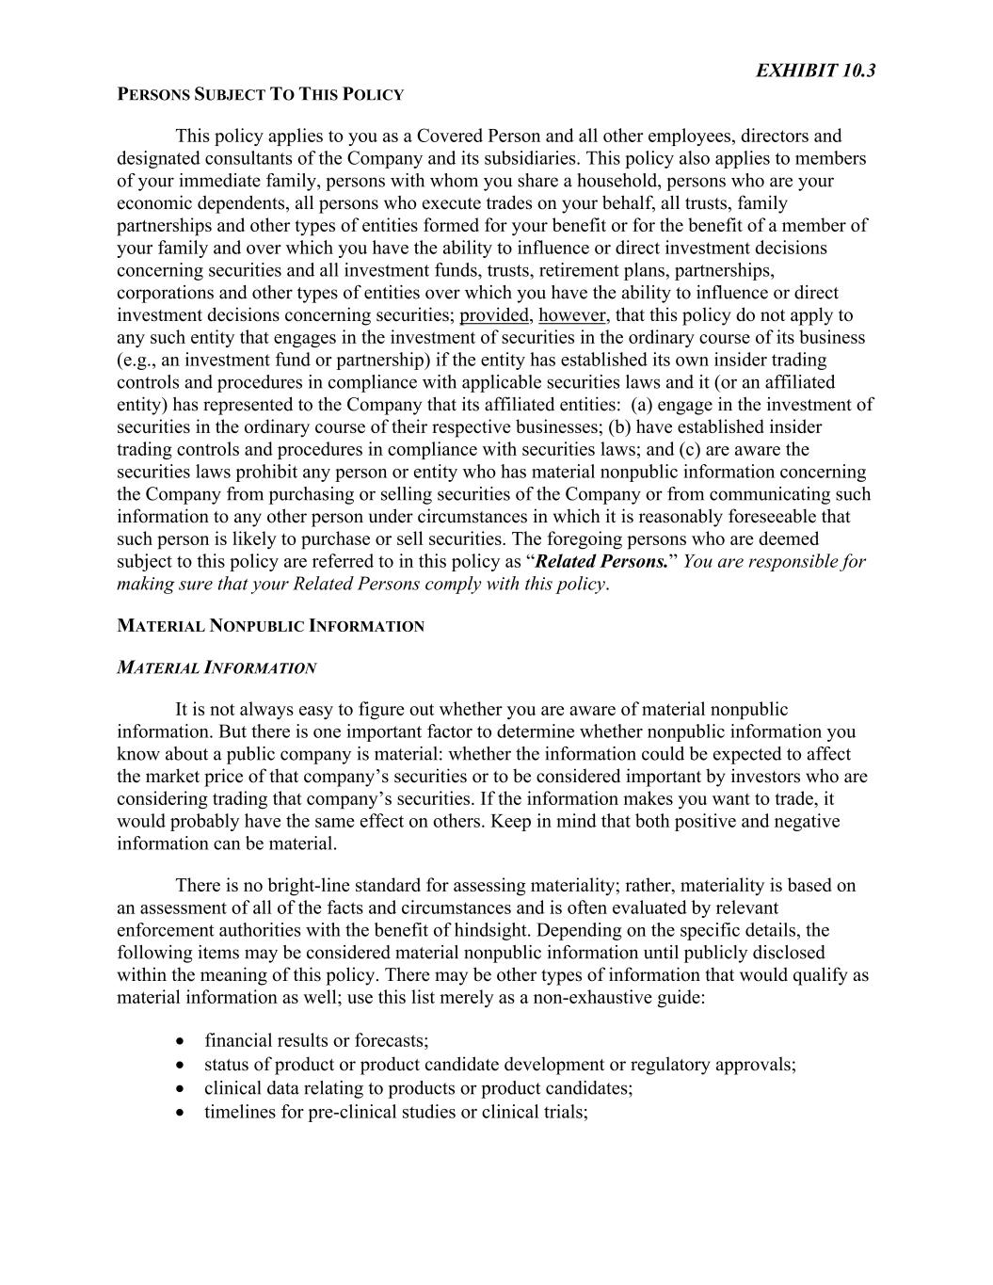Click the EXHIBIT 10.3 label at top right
point(815,71)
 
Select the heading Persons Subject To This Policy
point(260,94)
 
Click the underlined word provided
point(495,315)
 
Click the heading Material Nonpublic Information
point(270,626)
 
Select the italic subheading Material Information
point(216,668)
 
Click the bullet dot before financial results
point(180,1041)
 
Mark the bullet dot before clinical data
point(180,1089)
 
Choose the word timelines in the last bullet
point(240,1112)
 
